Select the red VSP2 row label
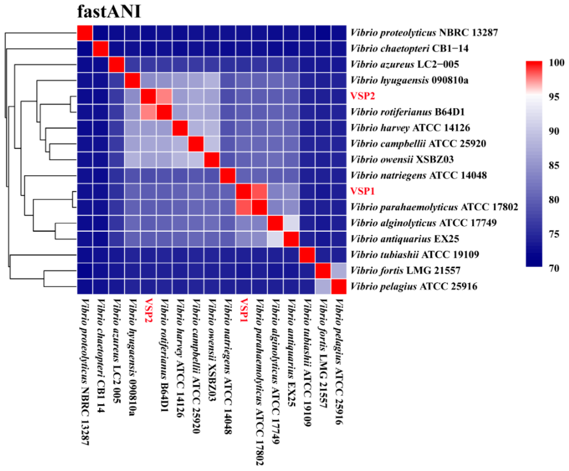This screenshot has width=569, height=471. (x=362, y=96)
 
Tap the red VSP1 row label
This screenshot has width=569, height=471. (x=362, y=191)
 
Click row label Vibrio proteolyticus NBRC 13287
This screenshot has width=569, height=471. (x=424, y=33)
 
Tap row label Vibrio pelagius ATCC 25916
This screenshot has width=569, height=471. (x=414, y=286)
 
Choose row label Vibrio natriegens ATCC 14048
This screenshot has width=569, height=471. (x=419, y=175)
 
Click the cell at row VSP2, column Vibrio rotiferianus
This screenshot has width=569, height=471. (x=164, y=96)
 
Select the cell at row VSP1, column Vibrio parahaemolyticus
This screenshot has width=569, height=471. (x=259, y=191)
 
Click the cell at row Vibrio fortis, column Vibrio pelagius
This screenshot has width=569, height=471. (x=339, y=270)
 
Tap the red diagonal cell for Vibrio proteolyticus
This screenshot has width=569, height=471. (x=85, y=33)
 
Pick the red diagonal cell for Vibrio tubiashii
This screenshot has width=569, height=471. (x=307, y=255)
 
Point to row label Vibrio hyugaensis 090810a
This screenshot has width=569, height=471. (x=409, y=80)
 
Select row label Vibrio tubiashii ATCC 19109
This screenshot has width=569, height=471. (x=415, y=255)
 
